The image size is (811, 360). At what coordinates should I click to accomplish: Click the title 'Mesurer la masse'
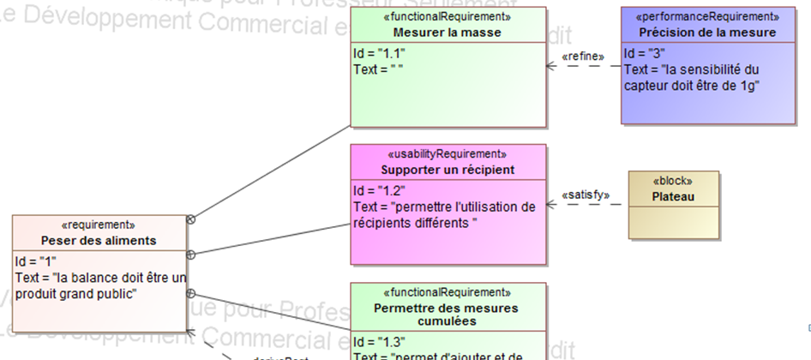click(x=447, y=33)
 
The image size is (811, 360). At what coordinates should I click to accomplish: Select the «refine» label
click(x=582, y=57)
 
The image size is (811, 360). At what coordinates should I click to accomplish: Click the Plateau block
click(x=673, y=197)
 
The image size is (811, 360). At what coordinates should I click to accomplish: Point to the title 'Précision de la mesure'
click(x=707, y=33)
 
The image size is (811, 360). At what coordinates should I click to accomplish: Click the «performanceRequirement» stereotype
click(x=707, y=16)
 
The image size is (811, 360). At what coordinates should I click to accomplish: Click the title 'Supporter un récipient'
click(x=447, y=170)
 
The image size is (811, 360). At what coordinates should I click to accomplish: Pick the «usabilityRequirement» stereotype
click(x=447, y=154)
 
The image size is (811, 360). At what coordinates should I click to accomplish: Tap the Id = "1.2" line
click(x=379, y=190)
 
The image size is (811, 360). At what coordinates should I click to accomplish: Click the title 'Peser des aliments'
click(x=99, y=241)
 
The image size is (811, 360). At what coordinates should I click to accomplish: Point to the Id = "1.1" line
click(x=378, y=54)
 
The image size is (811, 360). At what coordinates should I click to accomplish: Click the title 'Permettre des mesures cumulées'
click(x=447, y=315)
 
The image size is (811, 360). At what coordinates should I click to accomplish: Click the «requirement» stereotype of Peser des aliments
click(x=99, y=225)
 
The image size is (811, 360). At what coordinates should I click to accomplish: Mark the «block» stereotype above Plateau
click(x=673, y=182)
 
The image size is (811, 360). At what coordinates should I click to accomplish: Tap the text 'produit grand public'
click(x=76, y=294)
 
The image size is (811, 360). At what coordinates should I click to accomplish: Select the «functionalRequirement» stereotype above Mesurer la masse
click(x=447, y=16)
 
